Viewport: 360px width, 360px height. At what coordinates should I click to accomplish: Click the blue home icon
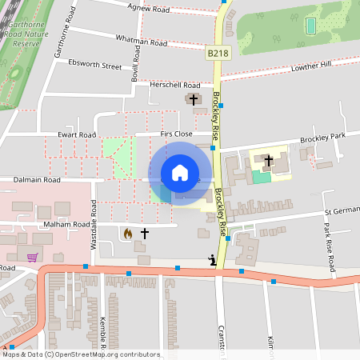[x=180, y=173]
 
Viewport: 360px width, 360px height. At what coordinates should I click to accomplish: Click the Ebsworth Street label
[x=94, y=62]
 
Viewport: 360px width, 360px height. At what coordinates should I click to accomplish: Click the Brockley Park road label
[x=323, y=138]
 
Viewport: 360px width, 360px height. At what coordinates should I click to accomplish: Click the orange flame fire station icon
[x=127, y=234]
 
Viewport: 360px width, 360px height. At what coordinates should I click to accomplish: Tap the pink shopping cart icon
[x=32, y=258]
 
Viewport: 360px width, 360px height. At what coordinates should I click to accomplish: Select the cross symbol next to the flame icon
[x=145, y=234]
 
